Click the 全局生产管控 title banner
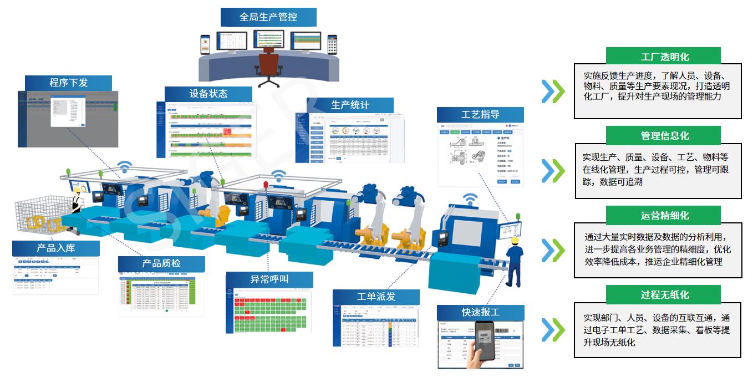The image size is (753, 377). [x=268, y=17]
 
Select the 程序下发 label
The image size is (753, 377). [x=68, y=83]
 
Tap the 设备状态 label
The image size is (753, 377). [x=208, y=94]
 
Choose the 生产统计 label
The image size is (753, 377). [x=350, y=105]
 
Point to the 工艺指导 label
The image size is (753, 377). [x=480, y=115]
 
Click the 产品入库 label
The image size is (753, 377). [x=55, y=248]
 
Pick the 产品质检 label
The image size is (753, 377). [x=161, y=263]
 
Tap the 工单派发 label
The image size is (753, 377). [x=376, y=297]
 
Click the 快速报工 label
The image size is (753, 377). [x=480, y=312]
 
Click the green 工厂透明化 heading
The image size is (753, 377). [x=663, y=56]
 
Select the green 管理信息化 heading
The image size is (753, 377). [x=663, y=135]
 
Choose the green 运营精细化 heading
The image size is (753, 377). [x=663, y=215]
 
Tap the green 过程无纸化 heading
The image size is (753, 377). [x=663, y=294]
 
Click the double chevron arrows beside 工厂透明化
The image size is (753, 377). [x=553, y=91]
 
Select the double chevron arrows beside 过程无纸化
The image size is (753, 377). [x=553, y=330]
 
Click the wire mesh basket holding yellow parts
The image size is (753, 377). [x=40, y=216]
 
